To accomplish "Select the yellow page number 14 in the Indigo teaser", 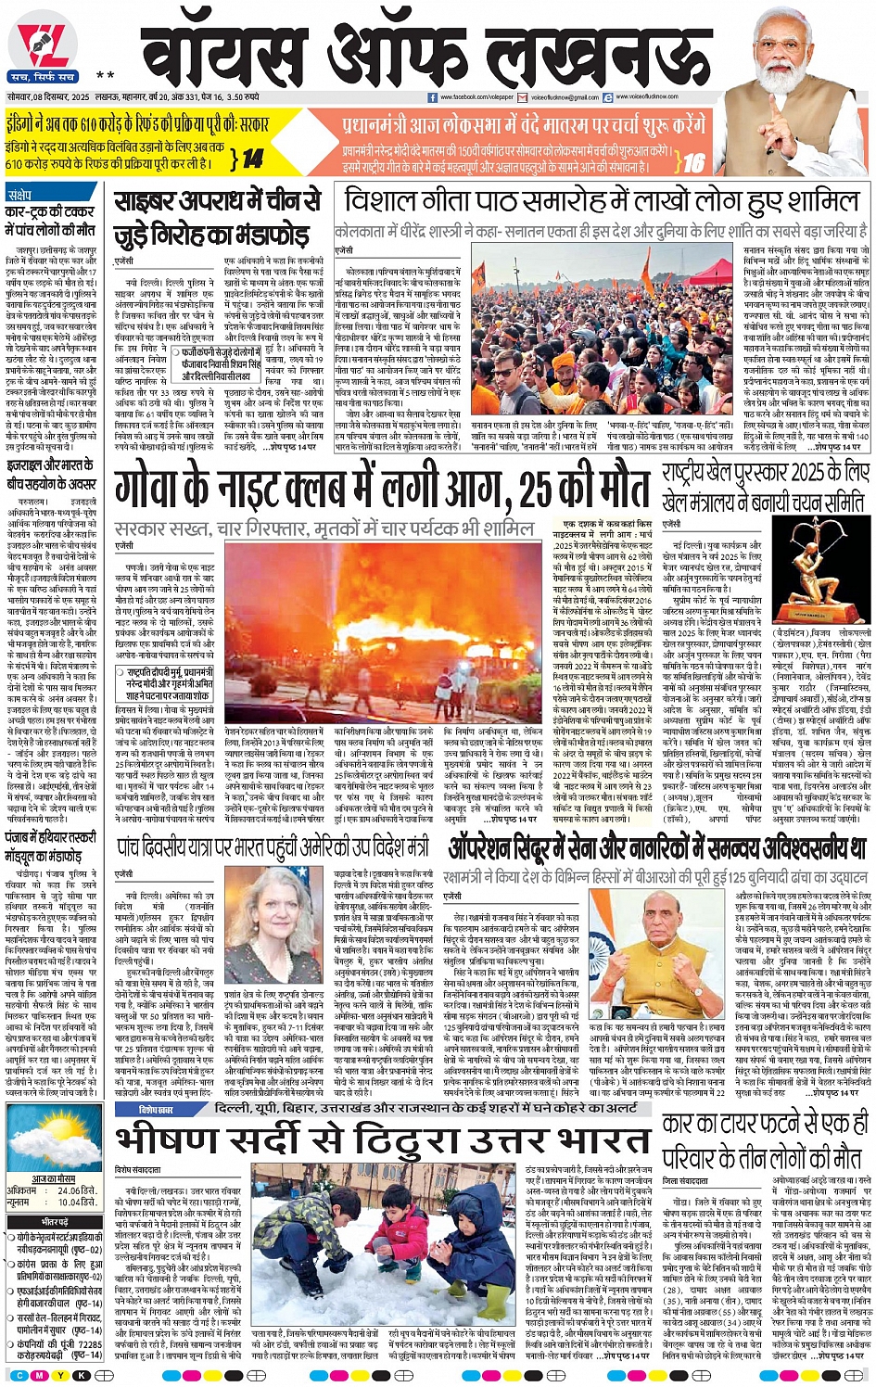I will click(252, 159).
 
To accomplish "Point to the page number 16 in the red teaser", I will click(693, 162).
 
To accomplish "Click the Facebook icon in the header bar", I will click(432, 97).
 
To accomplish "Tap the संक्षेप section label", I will click(19, 196).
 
